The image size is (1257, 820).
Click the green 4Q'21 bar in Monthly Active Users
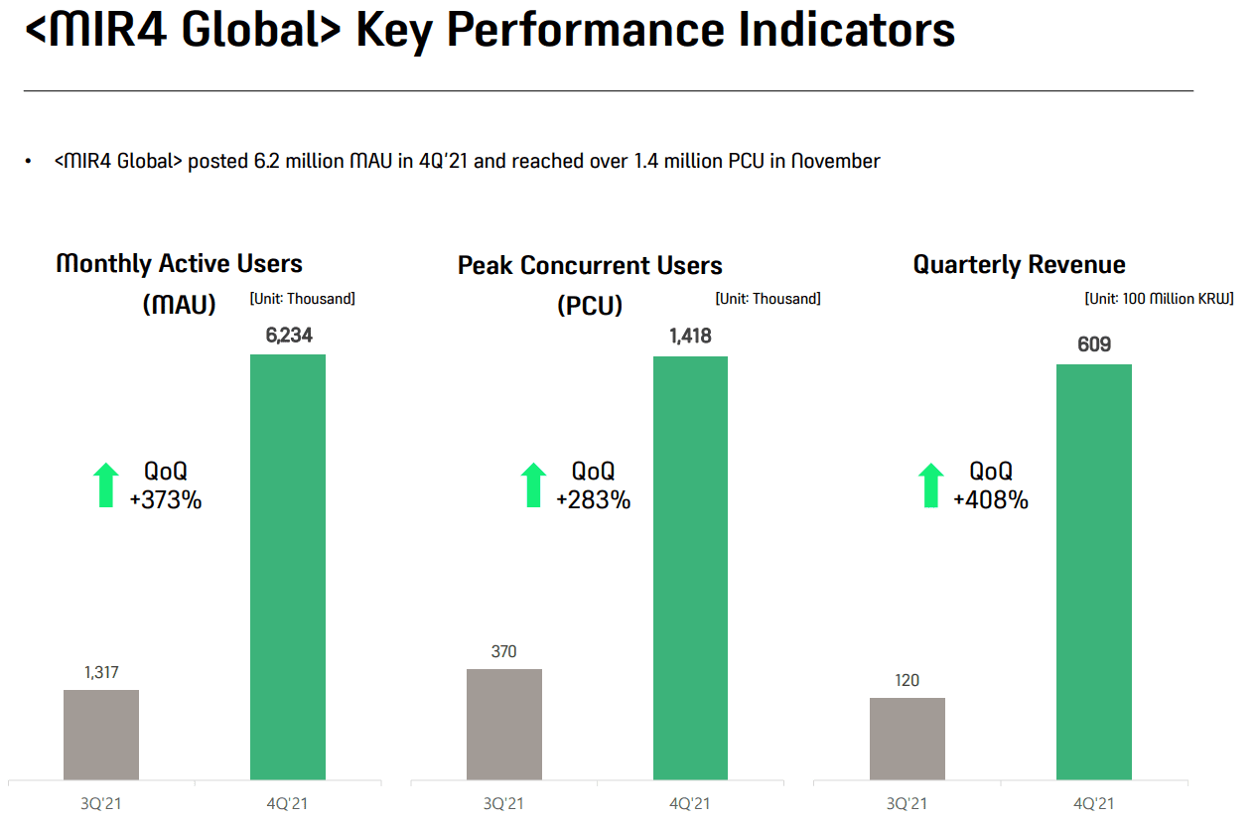pyautogui.click(x=288, y=566)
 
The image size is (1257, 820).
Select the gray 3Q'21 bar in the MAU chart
pyautogui.click(x=101, y=735)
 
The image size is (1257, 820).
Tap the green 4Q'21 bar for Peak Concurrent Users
pyautogui.click(x=690, y=567)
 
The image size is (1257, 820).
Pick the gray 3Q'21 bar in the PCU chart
pyautogui.click(x=504, y=724)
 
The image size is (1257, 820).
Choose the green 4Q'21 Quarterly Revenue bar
pyautogui.click(x=1093, y=571)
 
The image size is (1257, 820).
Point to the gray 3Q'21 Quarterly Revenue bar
pyautogui.click(x=908, y=739)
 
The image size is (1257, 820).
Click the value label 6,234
pyautogui.click(x=288, y=336)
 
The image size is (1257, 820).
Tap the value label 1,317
pyautogui.click(x=101, y=672)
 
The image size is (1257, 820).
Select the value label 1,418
pyautogui.click(x=690, y=337)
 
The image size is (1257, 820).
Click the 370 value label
pyautogui.click(x=504, y=651)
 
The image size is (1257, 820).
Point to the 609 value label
pyautogui.click(x=1093, y=344)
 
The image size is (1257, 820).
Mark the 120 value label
pyautogui.click(x=907, y=680)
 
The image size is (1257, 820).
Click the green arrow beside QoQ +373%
pyautogui.click(x=105, y=485)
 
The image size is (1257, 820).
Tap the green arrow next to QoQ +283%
pyautogui.click(x=533, y=485)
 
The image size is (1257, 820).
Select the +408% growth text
pyautogui.click(x=990, y=499)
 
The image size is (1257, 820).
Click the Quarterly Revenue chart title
pyautogui.click(x=1019, y=265)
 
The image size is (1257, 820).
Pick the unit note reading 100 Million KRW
pyautogui.click(x=1159, y=299)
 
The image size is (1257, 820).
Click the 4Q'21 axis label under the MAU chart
pyautogui.click(x=288, y=803)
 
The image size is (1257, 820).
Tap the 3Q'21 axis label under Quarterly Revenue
pyautogui.click(x=907, y=803)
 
